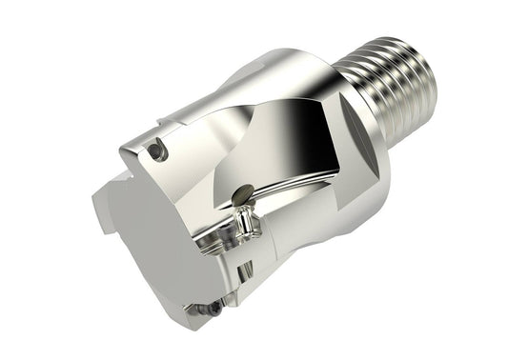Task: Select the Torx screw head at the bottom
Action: pyautogui.click(x=215, y=308)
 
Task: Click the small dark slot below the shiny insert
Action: pyautogui.click(x=250, y=250)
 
